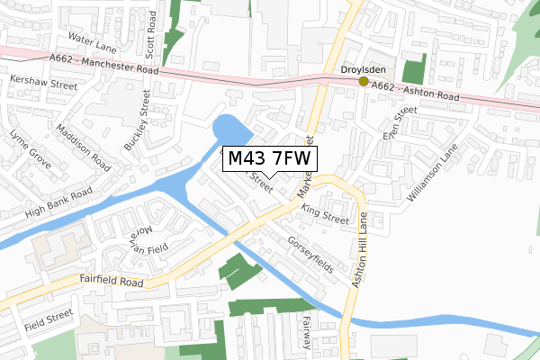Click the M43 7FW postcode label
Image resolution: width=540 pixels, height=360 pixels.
[x=269, y=159]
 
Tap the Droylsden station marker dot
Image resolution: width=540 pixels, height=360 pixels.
[x=364, y=82]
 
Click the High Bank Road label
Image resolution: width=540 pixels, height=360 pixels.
[x=59, y=204]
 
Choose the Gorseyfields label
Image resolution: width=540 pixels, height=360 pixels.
[x=310, y=256]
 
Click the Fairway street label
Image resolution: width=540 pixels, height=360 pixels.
[x=307, y=330]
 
